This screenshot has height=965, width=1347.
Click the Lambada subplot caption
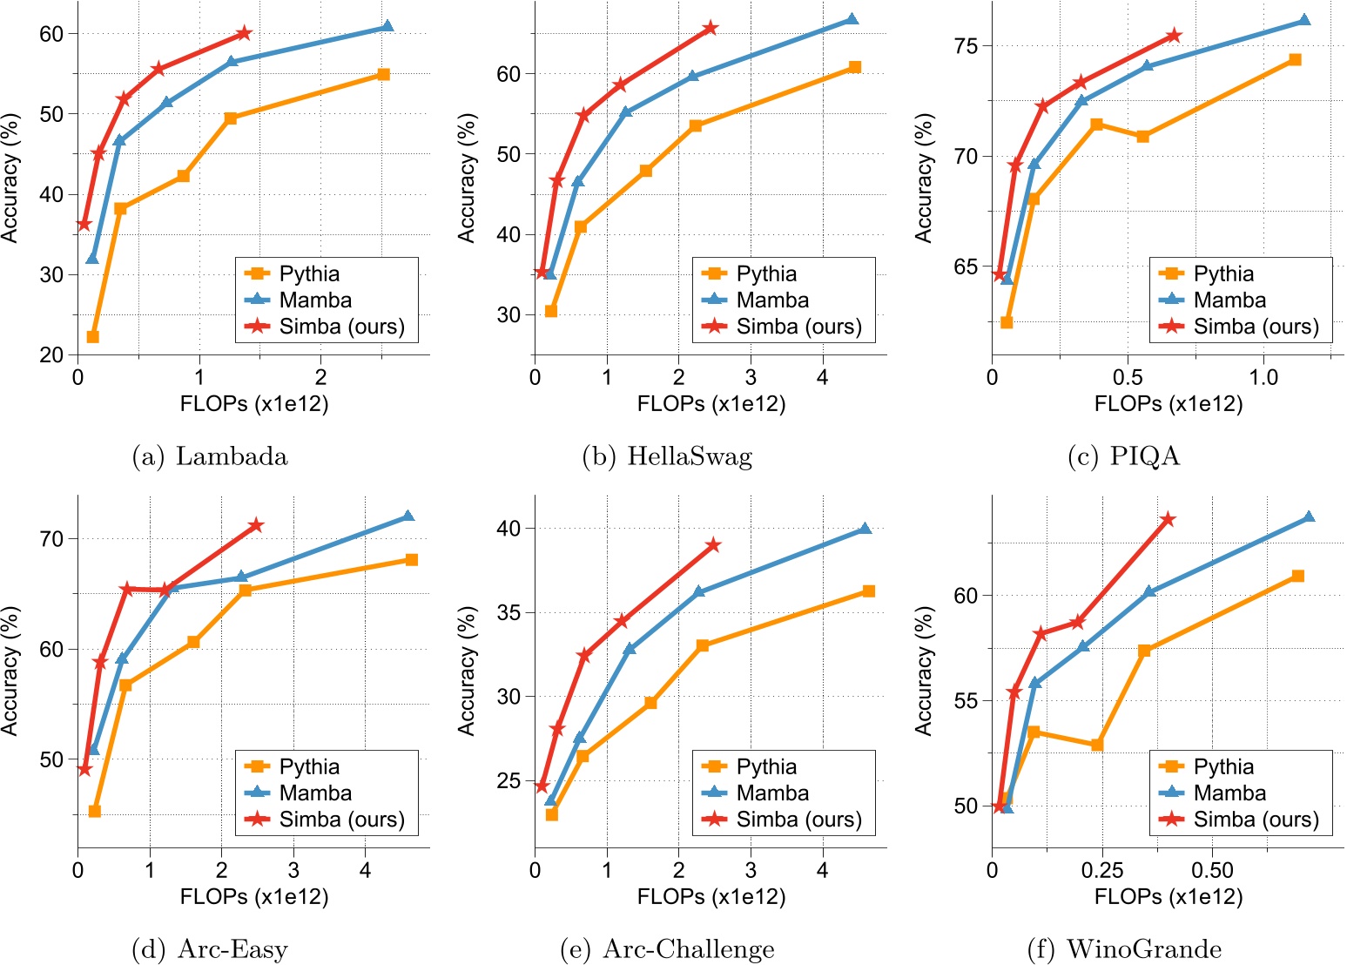pyautogui.click(x=209, y=456)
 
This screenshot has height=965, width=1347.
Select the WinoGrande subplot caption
pyautogui.click(x=1124, y=949)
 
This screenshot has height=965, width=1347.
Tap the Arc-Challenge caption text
pyautogui.click(x=667, y=949)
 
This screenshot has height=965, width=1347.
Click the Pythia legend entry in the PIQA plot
pyautogui.click(x=1222, y=273)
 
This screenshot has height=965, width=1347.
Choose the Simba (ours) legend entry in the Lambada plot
pyautogui.click(x=341, y=327)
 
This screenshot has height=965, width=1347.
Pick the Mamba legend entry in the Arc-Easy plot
pyautogui.click(x=315, y=793)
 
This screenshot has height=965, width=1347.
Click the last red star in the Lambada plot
pyautogui.click(x=244, y=33)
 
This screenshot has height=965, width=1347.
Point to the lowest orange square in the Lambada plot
pyautogui.click(x=93, y=337)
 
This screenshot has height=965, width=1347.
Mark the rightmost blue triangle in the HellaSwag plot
pyautogui.click(x=852, y=19)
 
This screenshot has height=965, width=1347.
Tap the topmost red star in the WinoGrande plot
pyautogui.click(x=1169, y=519)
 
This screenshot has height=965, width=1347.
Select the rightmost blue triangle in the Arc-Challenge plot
pyautogui.click(x=865, y=529)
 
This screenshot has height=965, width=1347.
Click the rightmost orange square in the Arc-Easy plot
pyautogui.click(x=412, y=559)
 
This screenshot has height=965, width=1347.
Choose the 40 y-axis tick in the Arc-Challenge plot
pyautogui.click(x=511, y=529)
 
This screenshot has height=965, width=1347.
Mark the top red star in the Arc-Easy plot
pyautogui.click(x=256, y=525)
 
